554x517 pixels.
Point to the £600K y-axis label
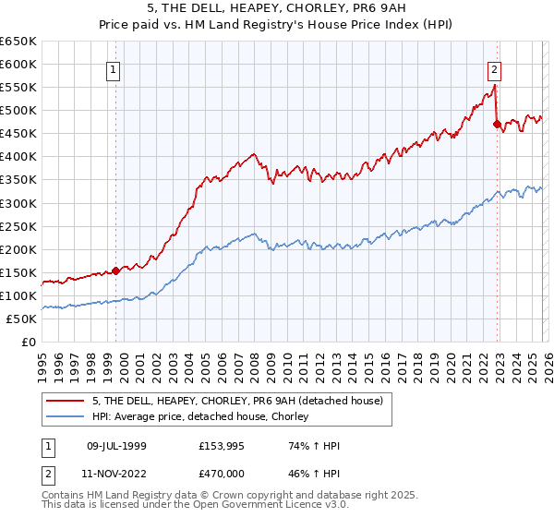click(18, 64)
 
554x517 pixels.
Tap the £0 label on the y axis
click(28, 343)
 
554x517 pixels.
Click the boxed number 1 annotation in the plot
click(113, 67)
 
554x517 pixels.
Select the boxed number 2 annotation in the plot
click(495, 67)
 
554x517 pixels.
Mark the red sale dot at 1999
click(115, 271)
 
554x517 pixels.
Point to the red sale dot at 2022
click(497, 124)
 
